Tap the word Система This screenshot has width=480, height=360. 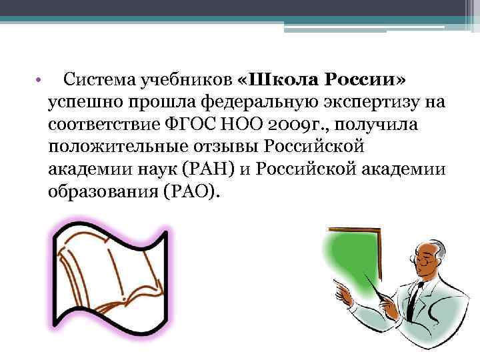click(x=99, y=81)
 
